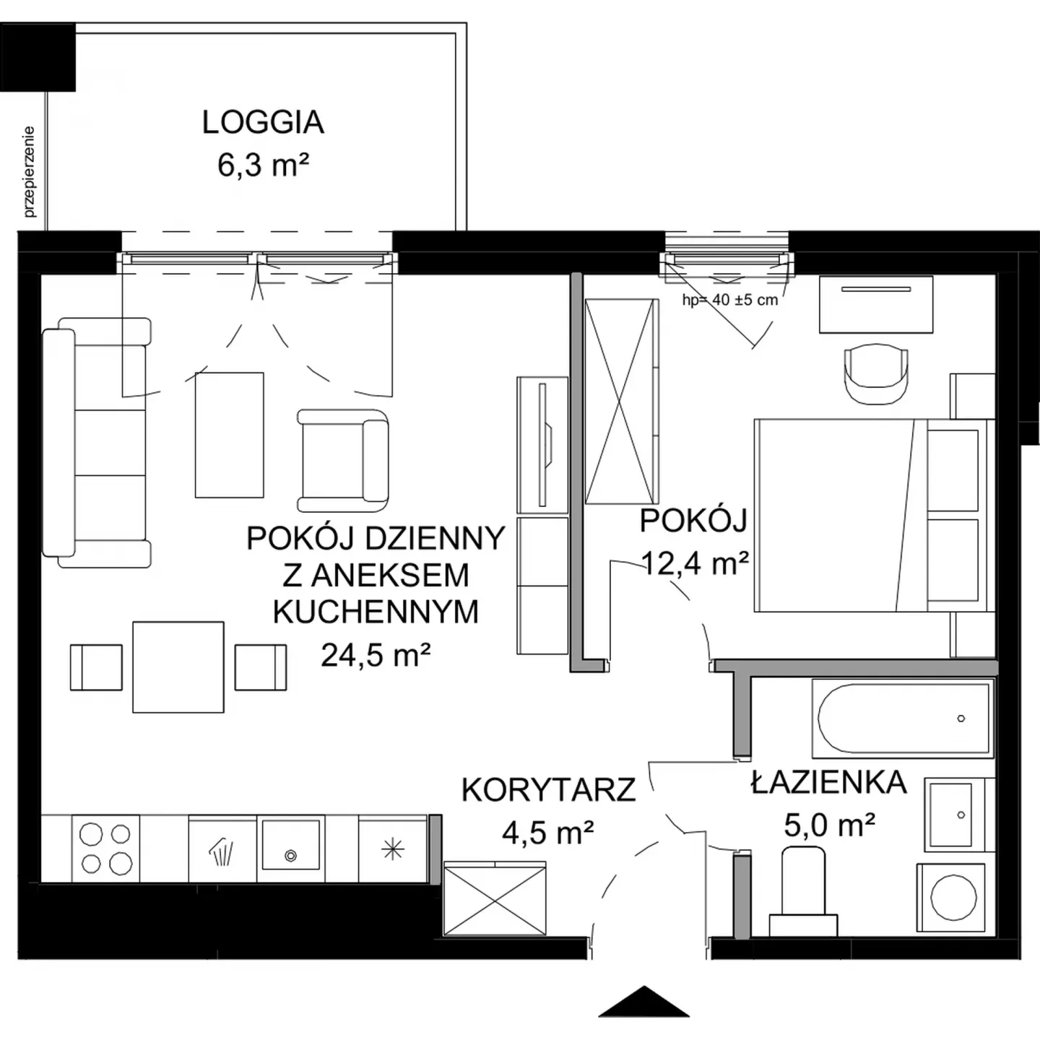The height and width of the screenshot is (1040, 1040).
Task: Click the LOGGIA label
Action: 263,123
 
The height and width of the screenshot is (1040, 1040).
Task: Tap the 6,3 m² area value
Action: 263,165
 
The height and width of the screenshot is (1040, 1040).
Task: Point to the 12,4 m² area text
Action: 695,564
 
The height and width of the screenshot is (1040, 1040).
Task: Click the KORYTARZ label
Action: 548,790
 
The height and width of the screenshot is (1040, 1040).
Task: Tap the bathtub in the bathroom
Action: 902,719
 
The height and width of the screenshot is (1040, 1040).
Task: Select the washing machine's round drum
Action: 955,898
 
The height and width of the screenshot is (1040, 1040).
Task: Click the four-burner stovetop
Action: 105,849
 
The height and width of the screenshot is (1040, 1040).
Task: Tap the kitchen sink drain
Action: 291,855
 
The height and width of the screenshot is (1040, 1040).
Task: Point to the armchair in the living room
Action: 343,460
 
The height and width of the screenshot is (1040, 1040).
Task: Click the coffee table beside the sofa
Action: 230,435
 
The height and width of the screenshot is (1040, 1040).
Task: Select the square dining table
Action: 178,667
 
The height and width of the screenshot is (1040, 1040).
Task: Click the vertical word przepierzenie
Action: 29,172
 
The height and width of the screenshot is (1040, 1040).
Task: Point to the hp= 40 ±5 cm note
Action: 730,300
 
